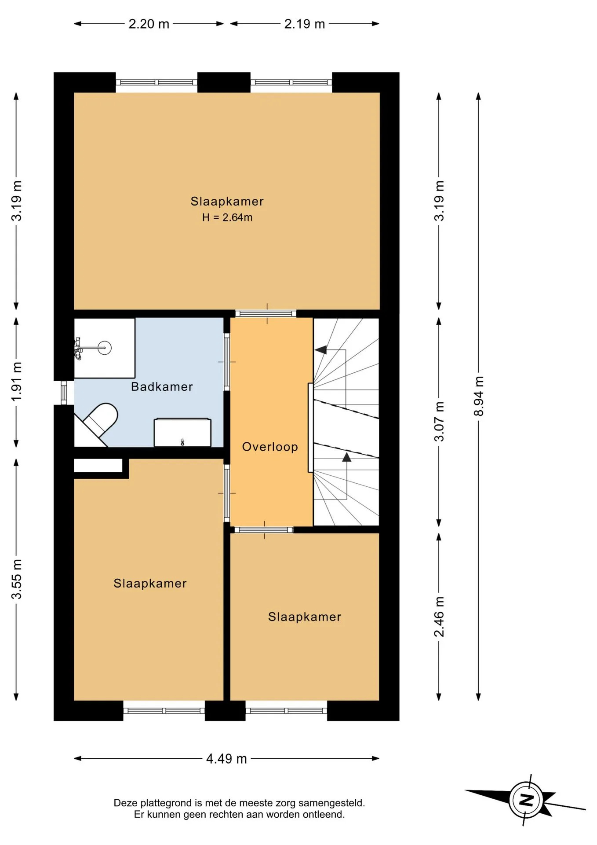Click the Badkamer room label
point(162,387)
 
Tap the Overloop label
point(270,447)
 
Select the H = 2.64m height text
point(227,217)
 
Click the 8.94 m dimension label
point(478,396)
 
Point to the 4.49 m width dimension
point(226,759)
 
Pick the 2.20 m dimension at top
point(149,24)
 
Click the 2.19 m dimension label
point(304,24)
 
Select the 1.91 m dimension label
point(16,382)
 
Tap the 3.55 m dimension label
point(16,579)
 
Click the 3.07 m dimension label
point(439,421)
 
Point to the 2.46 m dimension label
point(439,617)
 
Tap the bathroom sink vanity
point(182,432)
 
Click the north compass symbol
point(526,800)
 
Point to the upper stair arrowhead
point(321,350)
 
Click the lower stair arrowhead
point(347,457)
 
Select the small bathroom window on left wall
point(64,393)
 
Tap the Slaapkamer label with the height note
point(227,202)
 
